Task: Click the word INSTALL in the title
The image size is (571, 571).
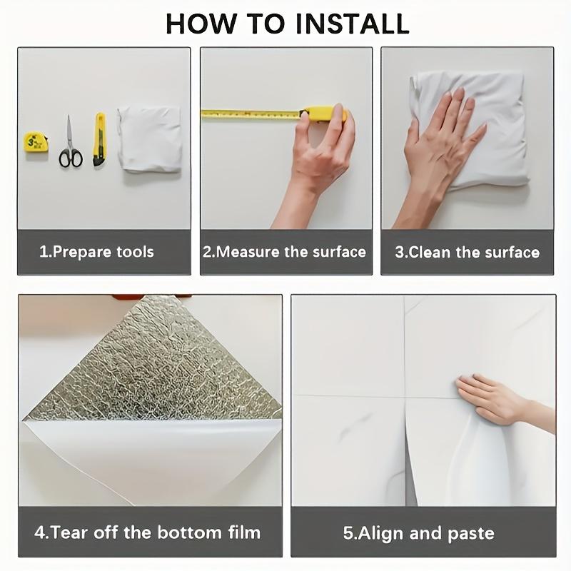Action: coord(352,24)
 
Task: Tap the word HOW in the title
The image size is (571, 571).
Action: coord(201,24)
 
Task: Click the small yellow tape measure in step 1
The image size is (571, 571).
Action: coord(36,142)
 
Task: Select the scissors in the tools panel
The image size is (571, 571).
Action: coord(71,142)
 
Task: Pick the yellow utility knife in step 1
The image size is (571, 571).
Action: coord(99,139)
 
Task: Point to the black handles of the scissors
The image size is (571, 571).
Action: coord(71,158)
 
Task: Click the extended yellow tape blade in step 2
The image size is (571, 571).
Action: coord(251,114)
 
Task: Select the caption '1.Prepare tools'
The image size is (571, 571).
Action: coord(96,252)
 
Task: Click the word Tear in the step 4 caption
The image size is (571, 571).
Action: coord(69,532)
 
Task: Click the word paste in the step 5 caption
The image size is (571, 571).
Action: coord(471,534)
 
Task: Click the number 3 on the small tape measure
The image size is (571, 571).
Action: coord(31,141)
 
